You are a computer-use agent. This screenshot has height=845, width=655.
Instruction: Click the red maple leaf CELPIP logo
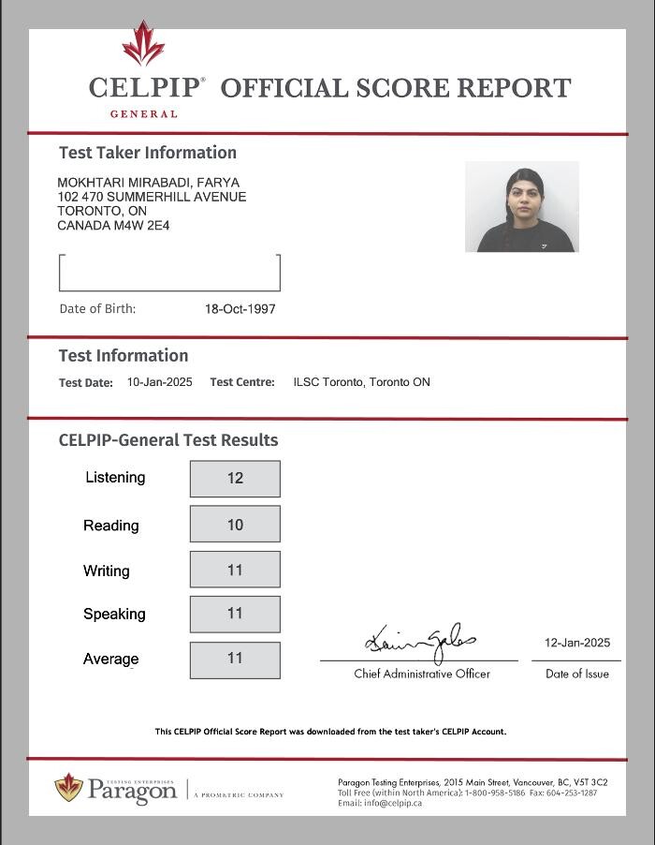click(x=143, y=44)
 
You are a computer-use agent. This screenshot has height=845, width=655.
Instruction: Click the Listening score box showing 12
click(x=235, y=479)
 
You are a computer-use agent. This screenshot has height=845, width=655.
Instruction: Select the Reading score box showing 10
click(x=235, y=525)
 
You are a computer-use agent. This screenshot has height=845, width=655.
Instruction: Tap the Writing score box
click(x=235, y=570)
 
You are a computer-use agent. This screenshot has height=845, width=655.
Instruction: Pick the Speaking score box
click(x=235, y=614)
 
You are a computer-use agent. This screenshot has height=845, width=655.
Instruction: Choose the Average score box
click(x=235, y=660)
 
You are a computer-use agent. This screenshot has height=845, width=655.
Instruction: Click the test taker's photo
click(x=522, y=207)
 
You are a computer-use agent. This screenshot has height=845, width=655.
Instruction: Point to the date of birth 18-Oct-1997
click(x=240, y=309)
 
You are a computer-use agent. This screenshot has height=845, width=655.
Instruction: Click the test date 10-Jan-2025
click(x=160, y=382)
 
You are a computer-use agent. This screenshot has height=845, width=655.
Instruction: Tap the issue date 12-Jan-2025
click(x=577, y=643)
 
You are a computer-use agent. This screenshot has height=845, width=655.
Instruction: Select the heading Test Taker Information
click(x=148, y=153)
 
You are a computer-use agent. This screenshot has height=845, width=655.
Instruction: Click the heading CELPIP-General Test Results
click(x=168, y=440)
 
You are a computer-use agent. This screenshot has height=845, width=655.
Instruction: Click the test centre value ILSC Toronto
click(x=361, y=382)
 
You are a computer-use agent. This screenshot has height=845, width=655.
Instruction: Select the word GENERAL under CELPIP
click(x=144, y=114)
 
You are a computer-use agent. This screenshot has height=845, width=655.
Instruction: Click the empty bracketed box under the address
click(x=169, y=273)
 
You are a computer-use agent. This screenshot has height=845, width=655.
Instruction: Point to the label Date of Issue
click(x=577, y=675)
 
